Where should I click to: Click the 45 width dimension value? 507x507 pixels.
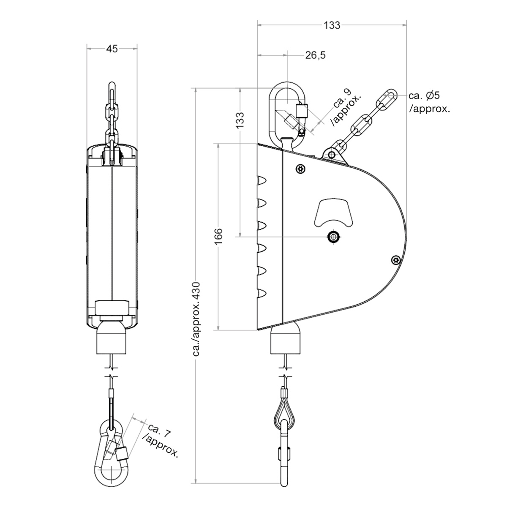pos(112,49)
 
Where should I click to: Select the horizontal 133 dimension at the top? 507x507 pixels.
pos(332,25)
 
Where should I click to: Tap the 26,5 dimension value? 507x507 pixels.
pos(316,55)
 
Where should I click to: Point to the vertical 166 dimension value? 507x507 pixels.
pos(218,237)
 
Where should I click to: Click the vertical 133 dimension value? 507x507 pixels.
pos(240,120)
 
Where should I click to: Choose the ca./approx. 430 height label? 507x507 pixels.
pos(196,319)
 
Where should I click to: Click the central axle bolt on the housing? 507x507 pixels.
pos(334,236)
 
